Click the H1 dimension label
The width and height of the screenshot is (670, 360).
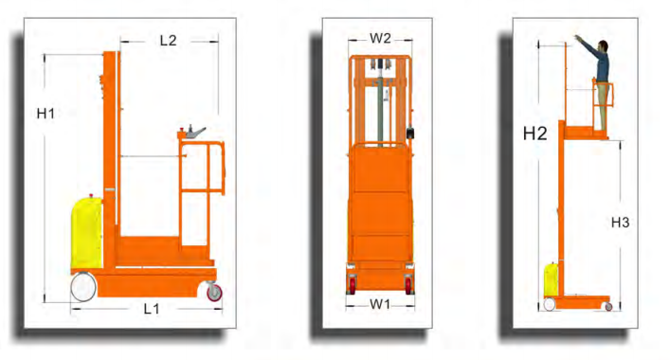click(45, 114)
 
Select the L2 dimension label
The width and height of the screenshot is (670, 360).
click(168, 41)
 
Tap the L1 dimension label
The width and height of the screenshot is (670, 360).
click(152, 309)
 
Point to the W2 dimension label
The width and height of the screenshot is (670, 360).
click(380, 39)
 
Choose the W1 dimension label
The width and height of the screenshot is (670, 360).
click(380, 304)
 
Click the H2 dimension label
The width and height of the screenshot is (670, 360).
click(535, 134)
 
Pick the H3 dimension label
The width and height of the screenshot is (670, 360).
click(620, 223)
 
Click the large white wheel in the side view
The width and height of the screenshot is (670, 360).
click(83, 287)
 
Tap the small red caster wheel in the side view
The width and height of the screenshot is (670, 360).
click(214, 293)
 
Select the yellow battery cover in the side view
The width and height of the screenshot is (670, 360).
click(86, 233)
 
